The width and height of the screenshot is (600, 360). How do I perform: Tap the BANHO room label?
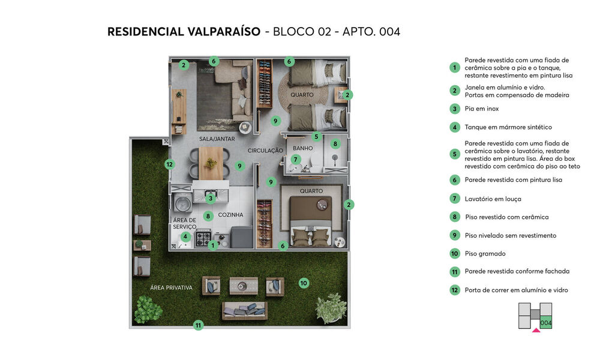click(x=303, y=148)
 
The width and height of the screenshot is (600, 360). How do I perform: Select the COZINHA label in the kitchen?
click(x=230, y=215)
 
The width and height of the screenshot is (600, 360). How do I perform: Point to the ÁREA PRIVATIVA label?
click(x=172, y=288)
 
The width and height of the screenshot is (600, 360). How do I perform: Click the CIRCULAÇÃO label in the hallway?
click(x=265, y=151)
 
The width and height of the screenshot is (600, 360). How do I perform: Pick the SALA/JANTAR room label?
click(x=217, y=139)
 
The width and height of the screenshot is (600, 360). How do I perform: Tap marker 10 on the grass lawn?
click(x=304, y=282)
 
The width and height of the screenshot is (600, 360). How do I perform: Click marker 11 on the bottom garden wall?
click(x=198, y=325)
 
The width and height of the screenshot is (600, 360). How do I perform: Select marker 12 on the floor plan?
click(x=169, y=164)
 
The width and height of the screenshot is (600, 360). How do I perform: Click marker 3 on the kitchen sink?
click(x=211, y=198)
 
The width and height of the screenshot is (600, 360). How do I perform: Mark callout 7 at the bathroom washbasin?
click(x=295, y=160)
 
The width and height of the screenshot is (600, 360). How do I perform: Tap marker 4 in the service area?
click(x=186, y=236)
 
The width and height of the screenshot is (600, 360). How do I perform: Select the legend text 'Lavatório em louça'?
click(x=493, y=199)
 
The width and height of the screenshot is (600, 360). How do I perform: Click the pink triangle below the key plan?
click(x=536, y=329)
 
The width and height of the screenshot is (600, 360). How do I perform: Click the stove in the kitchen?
click(x=203, y=238)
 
